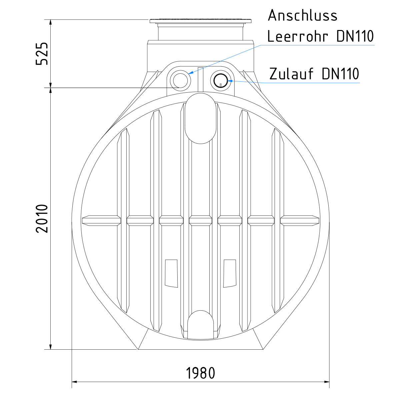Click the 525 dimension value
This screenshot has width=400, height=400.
point(42,54)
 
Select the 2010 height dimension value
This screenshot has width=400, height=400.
point(42,218)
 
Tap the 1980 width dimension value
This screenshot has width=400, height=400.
point(200,373)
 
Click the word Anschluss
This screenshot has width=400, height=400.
point(303,15)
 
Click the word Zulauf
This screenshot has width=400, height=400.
point(291,74)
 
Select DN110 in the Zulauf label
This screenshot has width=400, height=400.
point(340,74)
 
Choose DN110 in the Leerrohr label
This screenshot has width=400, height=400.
point(355,36)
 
